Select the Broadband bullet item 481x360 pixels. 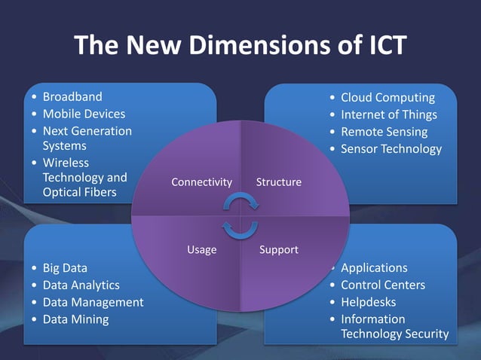coord(72,97)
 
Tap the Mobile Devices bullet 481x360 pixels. coord(84,114)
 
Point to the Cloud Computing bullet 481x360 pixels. coord(388,98)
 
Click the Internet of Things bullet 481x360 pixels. coord(388,114)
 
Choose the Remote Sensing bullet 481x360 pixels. coord(384,132)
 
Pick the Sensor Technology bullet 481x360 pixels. coord(391,148)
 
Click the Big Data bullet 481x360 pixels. coord(65,267)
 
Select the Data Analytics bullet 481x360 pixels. coord(81,285)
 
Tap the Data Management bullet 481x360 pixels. coord(93,302)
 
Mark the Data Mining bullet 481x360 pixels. coord(75,319)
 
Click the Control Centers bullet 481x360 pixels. coord(383,285)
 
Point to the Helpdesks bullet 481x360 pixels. coord(373,302)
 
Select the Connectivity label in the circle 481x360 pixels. coord(201,182)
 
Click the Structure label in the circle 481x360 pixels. coord(278,182)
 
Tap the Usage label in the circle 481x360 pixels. coord(201,249)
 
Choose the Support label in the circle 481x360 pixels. coord(278,249)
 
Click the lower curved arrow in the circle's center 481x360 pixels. coord(240,228)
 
